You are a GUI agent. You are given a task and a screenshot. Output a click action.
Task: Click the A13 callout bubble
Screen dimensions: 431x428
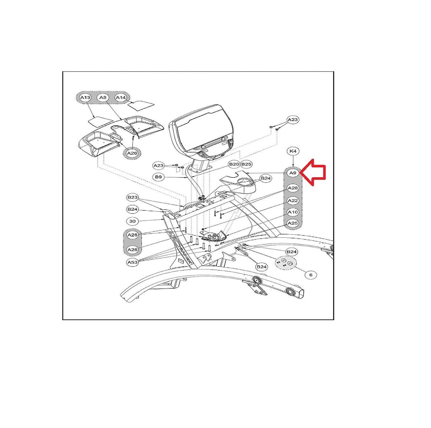pos(85,98)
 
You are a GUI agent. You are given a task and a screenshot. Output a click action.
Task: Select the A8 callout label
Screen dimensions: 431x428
pos(103,98)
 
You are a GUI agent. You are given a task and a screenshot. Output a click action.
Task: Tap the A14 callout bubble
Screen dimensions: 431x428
pos(121,98)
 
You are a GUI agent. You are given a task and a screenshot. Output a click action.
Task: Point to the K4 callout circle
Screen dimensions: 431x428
pos(293,151)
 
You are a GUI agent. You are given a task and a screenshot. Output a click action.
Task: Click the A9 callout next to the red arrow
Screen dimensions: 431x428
pos(293,173)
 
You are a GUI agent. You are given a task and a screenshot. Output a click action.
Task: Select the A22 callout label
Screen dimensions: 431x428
pos(293,200)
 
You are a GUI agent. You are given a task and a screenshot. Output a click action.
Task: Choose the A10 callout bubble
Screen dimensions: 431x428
pos(293,212)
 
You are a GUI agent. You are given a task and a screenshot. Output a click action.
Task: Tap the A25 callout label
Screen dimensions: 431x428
pos(293,223)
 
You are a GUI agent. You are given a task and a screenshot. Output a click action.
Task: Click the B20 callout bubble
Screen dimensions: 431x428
pos(234,164)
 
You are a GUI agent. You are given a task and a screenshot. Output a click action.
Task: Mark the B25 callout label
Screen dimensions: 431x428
pos(246,164)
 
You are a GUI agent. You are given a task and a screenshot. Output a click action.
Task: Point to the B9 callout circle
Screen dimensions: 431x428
pos(158,177)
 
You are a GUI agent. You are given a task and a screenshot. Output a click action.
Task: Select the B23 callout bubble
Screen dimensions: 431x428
pos(132,197)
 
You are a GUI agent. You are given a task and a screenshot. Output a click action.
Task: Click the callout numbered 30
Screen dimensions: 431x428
pos(132,221)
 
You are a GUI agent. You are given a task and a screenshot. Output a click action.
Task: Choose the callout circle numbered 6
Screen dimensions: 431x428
pos(311,274)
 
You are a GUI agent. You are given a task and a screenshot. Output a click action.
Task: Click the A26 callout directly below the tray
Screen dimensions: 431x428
pos(132,153)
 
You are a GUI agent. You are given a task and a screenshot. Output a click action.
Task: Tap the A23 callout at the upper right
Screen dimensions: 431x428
pos(293,120)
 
